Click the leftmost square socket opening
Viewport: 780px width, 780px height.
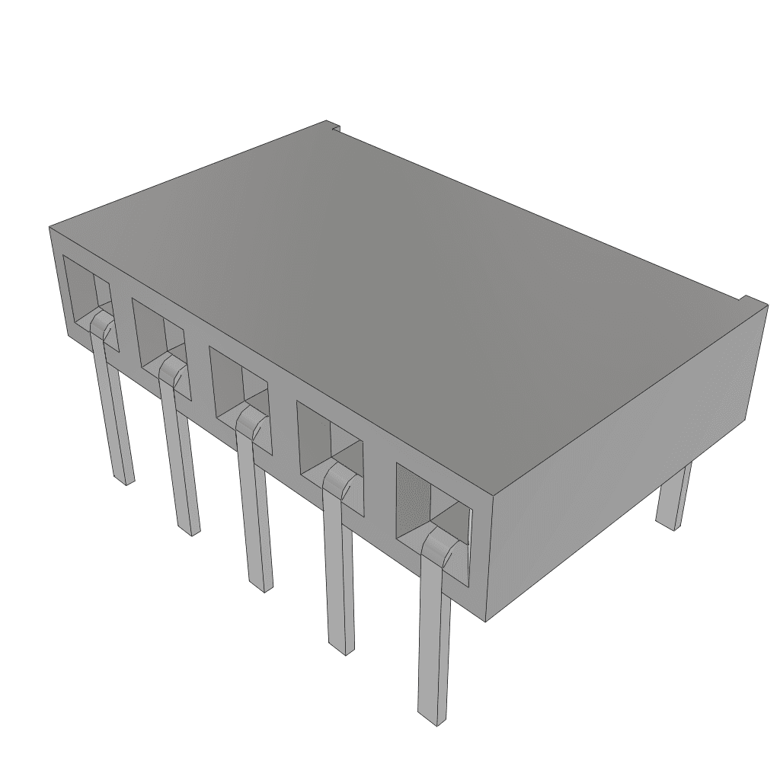point(85,293)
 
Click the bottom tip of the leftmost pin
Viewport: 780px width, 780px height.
point(124,478)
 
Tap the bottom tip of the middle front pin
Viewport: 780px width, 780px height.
point(261,585)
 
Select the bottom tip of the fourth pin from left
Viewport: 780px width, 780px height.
point(342,647)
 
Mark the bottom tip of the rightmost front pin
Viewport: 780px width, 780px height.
point(433,716)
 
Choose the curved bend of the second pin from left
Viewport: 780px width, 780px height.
point(171,372)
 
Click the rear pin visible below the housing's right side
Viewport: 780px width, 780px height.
point(673,499)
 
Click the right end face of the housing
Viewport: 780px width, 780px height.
point(625,457)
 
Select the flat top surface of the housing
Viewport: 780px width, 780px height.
point(396,289)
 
